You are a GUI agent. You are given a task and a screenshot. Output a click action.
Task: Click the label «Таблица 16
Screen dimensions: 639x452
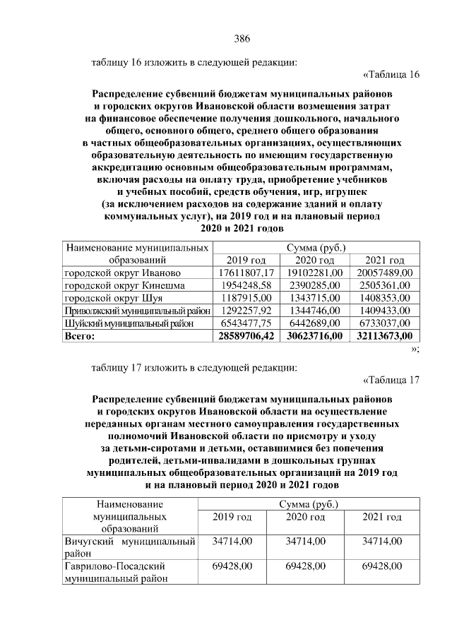click(x=391, y=75)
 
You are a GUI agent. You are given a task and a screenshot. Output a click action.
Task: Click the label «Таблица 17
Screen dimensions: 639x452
click(x=391, y=381)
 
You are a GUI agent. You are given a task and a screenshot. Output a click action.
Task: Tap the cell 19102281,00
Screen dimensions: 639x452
click(x=314, y=273)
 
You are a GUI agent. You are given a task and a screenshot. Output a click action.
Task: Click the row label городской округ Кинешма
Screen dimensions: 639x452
click(x=125, y=285)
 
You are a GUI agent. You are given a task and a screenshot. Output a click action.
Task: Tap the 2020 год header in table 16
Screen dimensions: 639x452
click(x=314, y=261)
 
